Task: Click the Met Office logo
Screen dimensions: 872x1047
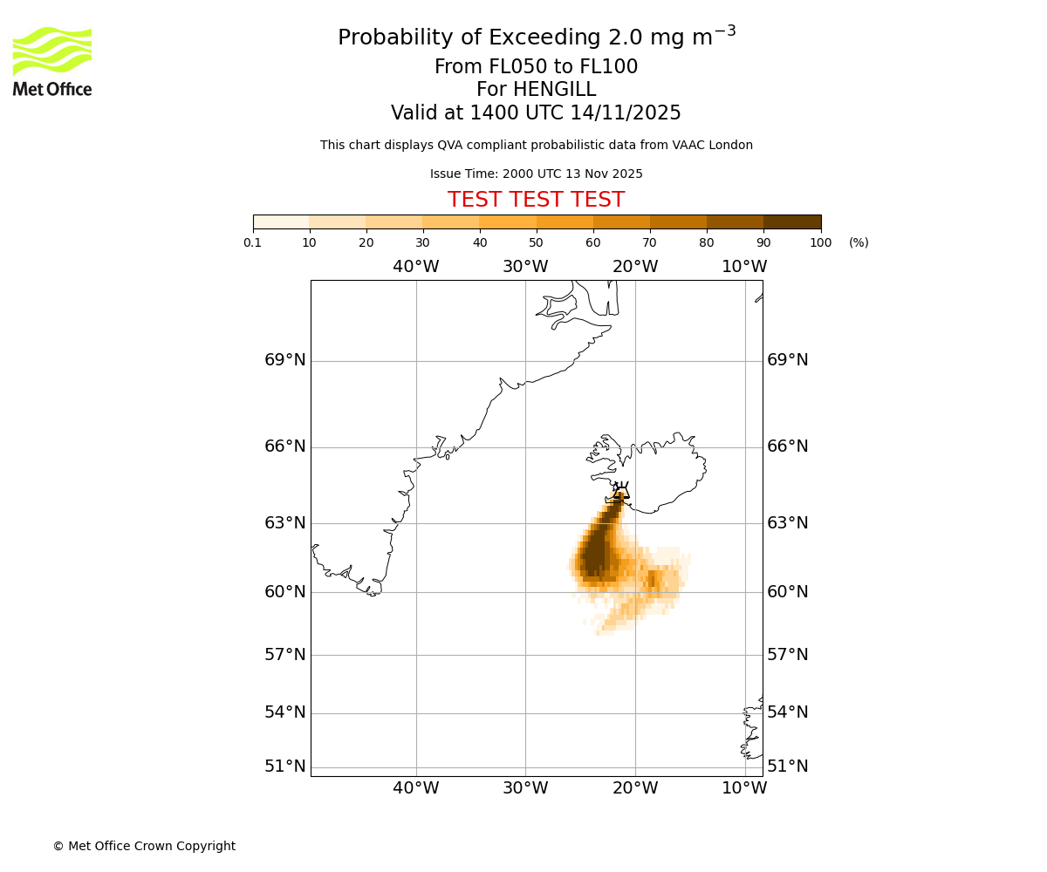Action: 52,62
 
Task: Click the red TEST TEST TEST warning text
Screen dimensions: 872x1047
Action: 536,201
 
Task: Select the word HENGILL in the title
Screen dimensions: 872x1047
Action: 552,90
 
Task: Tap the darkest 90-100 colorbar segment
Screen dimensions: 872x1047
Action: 792,221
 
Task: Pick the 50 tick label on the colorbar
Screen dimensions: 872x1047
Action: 536,243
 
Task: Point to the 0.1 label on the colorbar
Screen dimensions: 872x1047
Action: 253,243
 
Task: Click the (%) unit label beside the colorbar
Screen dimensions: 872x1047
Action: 859,243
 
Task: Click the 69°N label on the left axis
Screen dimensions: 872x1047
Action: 285,360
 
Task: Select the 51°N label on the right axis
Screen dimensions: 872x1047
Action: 787,766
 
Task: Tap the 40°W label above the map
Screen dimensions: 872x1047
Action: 415,267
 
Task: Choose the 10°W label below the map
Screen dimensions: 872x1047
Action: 744,788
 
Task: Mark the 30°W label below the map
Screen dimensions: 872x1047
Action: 525,788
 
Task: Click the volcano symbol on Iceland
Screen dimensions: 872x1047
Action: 620,490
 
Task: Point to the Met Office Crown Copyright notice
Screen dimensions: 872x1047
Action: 144,846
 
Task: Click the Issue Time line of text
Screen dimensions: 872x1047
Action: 536,174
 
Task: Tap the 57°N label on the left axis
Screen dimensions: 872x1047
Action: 285,655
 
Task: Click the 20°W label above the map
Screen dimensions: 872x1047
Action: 635,267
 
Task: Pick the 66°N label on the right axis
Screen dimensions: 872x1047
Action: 787,446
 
